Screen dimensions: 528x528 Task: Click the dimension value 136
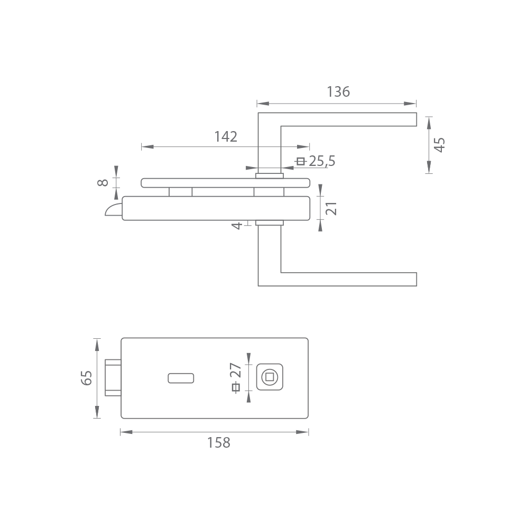[338, 91]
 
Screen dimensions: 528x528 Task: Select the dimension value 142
[226, 136]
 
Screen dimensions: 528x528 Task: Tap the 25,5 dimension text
[322, 161]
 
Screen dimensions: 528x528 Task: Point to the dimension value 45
[440, 145]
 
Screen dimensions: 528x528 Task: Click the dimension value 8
[103, 182]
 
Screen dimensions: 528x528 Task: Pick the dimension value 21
[332, 208]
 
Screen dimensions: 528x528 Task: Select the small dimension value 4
[237, 226]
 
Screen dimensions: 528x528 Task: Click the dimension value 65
[86, 378]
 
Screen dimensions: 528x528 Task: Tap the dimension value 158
[218, 443]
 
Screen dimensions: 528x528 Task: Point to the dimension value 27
[236, 370]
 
